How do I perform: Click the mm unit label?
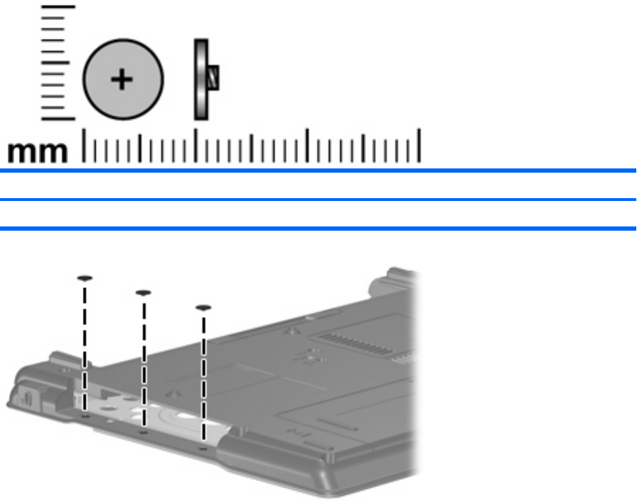click(x=38, y=152)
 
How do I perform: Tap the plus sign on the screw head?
click(x=122, y=79)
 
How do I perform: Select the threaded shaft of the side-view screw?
click(x=213, y=78)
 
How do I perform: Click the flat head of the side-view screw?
click(x=201, y=80)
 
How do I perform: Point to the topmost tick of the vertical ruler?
click(x=58, y=7)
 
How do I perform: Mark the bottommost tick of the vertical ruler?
click(x=58, y=119)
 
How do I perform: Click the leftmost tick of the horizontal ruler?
click(x=84, y=146)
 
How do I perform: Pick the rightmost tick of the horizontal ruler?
click(x=419, y=146)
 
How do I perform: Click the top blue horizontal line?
click(x=318, y=171)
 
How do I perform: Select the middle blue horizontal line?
click(x=318, y=200)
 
